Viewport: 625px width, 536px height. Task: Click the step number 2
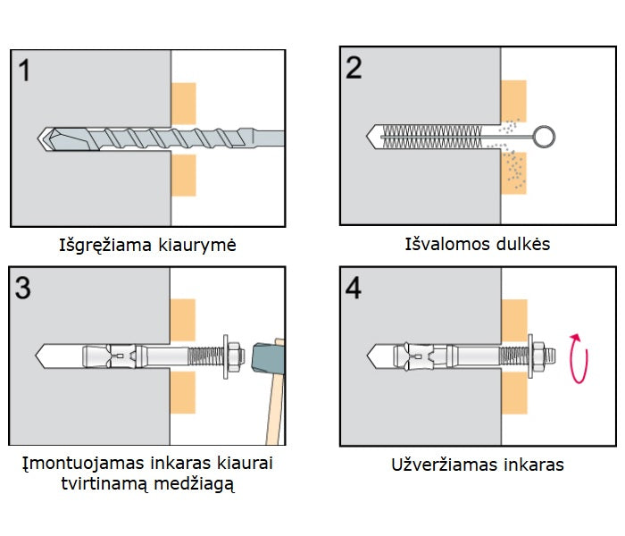(x=354, y=68)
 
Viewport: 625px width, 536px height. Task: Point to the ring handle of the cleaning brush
(x=546, y=137)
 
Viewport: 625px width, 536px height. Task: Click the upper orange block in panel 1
(x=183, y=103)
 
